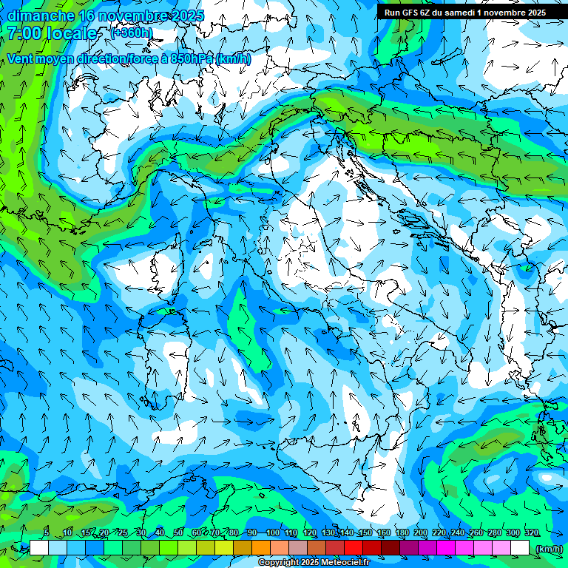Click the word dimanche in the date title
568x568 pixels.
coord(41,15)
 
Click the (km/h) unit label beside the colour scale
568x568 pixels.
coord(549,549)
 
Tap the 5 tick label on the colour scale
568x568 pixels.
coord(47,532)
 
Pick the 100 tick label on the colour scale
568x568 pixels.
coord(273,532)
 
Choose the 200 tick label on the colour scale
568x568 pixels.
coord(421,532)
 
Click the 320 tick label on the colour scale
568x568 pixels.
coord(531,532)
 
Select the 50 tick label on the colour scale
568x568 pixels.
coord(178,532)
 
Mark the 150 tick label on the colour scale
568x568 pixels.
coord(365,532)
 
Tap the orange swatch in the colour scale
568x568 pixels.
coord(261,548)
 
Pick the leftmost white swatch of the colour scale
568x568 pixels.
coord(39,548)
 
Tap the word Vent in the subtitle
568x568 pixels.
coord(21,58)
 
